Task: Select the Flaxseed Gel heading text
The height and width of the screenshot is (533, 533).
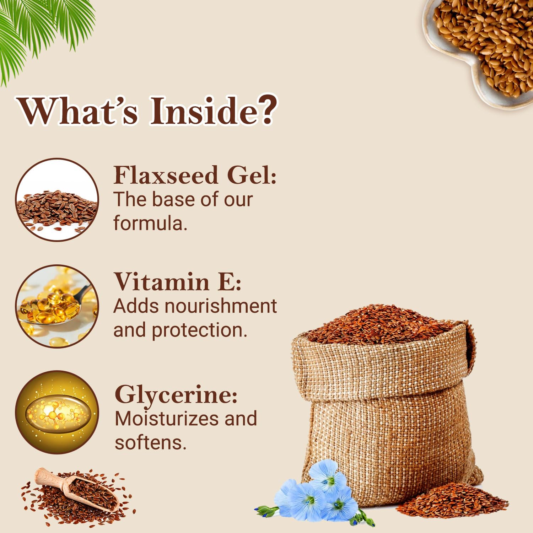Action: [195, 175]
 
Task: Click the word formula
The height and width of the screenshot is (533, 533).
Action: [150, 224]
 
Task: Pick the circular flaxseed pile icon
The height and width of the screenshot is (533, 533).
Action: [57, 200]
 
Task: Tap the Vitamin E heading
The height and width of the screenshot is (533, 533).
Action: [178, 282]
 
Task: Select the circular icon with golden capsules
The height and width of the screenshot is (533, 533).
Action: [57, 306]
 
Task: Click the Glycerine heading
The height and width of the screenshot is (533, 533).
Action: [176, 394]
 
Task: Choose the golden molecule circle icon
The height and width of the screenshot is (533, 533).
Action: [57, 412]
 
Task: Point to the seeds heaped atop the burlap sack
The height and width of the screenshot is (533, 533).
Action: [380, 323]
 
